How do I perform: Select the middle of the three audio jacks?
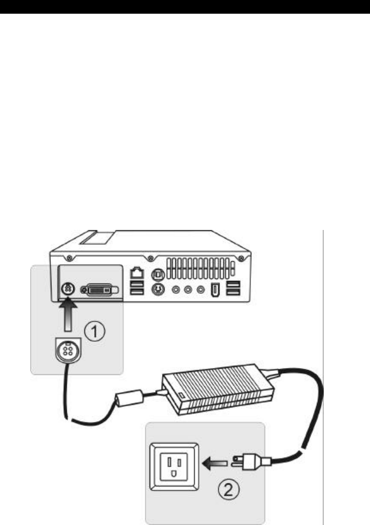pos(187,290)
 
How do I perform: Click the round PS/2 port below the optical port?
pos(157,290)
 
